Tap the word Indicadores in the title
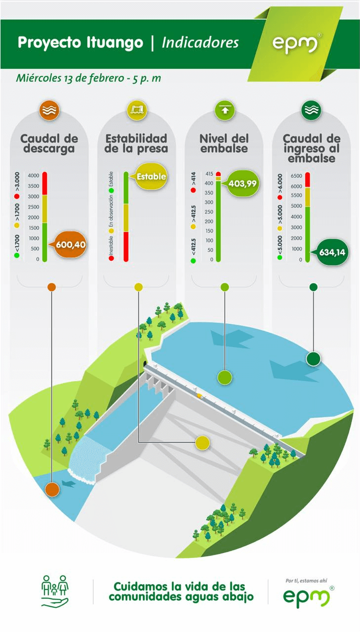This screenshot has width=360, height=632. point(200,42)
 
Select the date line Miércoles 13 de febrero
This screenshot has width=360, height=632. point(70,78)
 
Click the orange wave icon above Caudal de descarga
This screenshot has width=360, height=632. point(49,110)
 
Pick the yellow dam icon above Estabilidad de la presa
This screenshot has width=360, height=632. point(137,110)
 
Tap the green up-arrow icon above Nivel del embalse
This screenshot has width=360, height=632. point(225,110)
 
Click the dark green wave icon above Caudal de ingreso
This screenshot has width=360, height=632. point(312,110)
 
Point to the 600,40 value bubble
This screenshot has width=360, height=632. point(70,244)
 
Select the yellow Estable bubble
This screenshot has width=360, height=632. point(151,176)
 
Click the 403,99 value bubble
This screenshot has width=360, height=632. point(242,183)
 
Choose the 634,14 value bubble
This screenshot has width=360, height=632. point(332,252)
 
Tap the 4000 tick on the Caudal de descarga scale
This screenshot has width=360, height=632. point(34,175)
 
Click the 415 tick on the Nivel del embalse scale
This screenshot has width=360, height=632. point(209,174)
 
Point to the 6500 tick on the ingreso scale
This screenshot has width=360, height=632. point(296,176)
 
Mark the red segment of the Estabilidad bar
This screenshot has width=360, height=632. point(126,246)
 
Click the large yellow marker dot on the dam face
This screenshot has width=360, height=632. point(202,442)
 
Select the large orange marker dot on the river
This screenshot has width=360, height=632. point(52,489)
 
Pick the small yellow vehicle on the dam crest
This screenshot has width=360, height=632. point(200,396)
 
